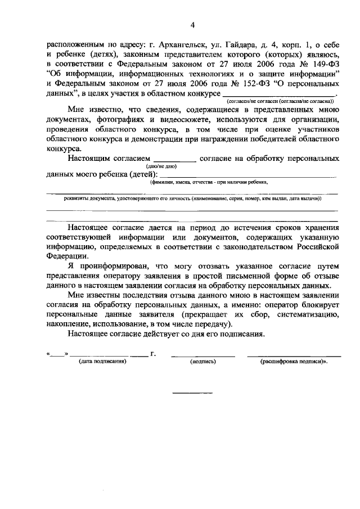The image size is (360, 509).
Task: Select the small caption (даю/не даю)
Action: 162,166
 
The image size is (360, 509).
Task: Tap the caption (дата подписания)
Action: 102,361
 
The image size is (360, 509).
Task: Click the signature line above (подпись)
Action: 203,354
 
